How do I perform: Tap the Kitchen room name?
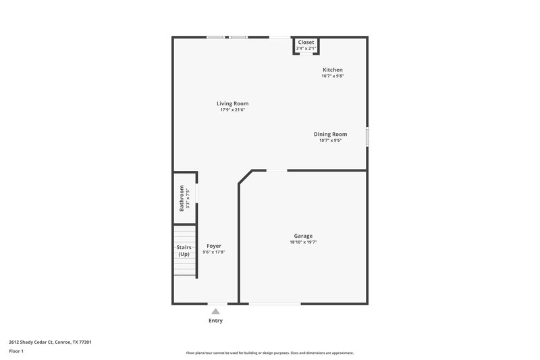(x=332, y=70)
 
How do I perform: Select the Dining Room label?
(x=330, y=134)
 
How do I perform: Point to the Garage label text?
(x=302, y=236)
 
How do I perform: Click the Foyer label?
(x=213, y=246)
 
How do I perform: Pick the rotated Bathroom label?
(x=182, y=198)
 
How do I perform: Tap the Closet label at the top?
(x=306, y=42)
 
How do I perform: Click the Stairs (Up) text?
(x=184, y=251)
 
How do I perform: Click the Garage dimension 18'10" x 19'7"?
(x=302, y=242)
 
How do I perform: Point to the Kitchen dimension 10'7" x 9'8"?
(x=332, y=76)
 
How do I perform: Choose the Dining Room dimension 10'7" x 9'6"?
(x=330, y=140)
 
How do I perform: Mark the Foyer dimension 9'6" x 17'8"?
(x=213, y=252)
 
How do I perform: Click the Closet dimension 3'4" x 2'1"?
(x=306, y=49)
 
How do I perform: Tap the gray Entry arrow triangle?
(x=215, y=311)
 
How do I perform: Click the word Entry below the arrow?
(x=215, y=320)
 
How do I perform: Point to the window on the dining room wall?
(x=367, y=136)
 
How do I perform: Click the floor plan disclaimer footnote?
(x=269, y=353)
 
